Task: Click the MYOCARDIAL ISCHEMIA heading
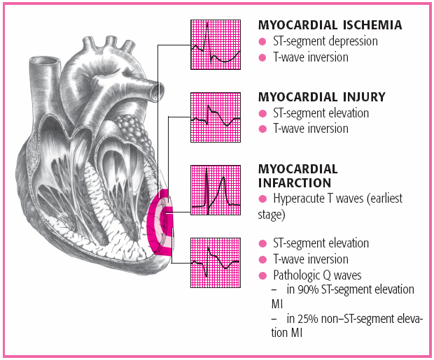pos(330,25)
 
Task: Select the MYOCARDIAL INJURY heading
pos(321,96)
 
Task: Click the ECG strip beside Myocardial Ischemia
pos(216,44)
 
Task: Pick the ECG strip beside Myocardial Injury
pos(216,117)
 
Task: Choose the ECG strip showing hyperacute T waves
pos(216,190)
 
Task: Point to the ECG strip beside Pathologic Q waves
pos(216,263)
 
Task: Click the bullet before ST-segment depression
pos(263,41)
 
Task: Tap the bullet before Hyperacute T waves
pos(263,200)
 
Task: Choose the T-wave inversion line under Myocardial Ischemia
pos(310,57)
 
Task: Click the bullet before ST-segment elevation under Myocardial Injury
pos(263,113)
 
